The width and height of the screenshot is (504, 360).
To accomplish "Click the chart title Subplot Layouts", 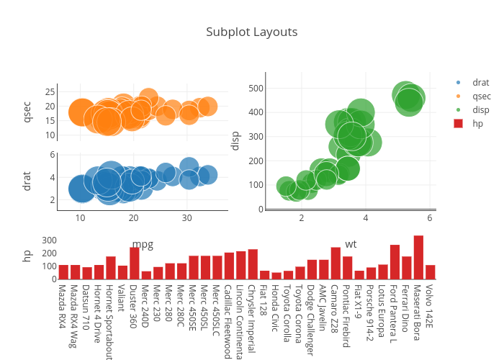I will pos(251,32).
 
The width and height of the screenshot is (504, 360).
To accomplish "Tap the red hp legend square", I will pos(458,123).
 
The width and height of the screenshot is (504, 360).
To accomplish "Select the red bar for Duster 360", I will pos(135,264).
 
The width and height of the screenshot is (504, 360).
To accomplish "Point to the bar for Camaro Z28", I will pos(336,264).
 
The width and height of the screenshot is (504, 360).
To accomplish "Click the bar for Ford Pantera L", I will pos(395,262).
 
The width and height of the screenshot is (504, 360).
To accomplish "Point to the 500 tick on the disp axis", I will pos(254,89).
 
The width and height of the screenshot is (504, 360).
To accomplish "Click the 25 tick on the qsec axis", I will pos(50,91).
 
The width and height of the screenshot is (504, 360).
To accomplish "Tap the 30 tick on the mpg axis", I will pos(186,218).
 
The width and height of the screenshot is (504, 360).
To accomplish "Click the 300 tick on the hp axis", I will pos(49,240).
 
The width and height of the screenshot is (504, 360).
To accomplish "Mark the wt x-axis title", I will pos(351,245).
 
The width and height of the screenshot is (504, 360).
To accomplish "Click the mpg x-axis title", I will pos(142,245).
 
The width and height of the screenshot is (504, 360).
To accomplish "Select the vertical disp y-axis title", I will pos(235,140).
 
